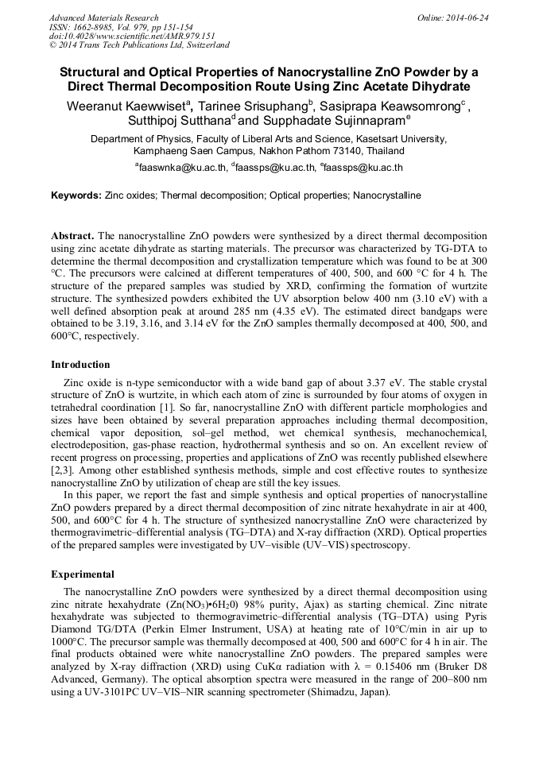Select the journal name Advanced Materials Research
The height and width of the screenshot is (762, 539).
pyautogui.click(x=103, y=17)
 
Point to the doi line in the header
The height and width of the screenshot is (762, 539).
pyautogui.click(x=132, y=36)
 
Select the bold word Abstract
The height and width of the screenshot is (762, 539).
pyautogui.click(x=72, y=237)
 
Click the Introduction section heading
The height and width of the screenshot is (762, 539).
pyautogui.click(x=80, y=365)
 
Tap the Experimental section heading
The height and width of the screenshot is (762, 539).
pyautogui.click(x=83, y=574)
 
